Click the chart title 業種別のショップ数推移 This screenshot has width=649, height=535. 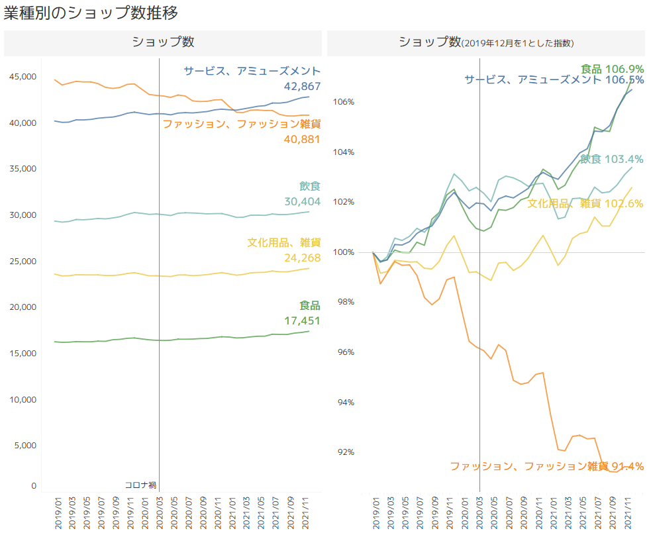coord(91,13)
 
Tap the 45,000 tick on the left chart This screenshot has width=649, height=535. coord(23,77)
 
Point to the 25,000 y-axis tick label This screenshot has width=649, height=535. coord(23,262)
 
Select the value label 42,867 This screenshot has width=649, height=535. coord(302,87)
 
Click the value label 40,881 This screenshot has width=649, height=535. coord(302,140)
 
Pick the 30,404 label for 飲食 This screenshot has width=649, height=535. coord(302,201)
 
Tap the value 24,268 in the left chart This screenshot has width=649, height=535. coord(302,258)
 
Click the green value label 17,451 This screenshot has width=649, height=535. coord(302,320)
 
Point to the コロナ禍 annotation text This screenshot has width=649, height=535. coord(140,485)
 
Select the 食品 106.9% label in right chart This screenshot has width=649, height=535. coord(612,69)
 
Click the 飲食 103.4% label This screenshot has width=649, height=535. coord(612,159)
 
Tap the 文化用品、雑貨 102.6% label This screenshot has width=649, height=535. coord(585,203)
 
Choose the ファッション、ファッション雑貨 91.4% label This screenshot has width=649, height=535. coord(547,466)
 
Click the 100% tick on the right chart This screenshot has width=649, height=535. coord(344,252)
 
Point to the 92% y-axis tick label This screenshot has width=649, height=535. coord(346,452)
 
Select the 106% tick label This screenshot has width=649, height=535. coord(344,102)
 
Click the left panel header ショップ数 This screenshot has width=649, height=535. coord(163,42)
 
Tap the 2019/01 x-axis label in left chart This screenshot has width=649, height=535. coord(58,513)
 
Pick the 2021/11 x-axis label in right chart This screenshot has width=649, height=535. coord(628,513)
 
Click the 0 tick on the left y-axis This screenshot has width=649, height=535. coord(34,486)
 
